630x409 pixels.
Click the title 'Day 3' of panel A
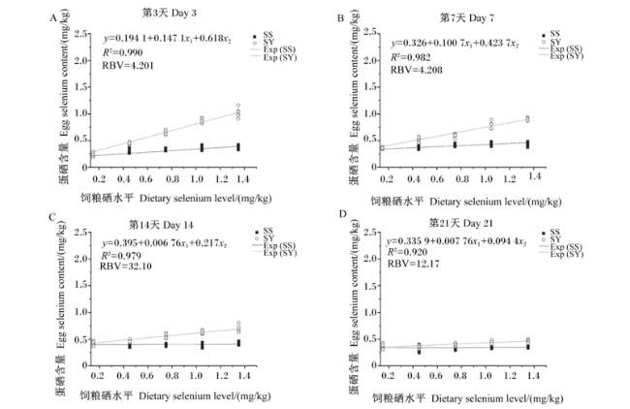[x=170, y=13]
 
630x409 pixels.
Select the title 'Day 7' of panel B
[x=467, y=18]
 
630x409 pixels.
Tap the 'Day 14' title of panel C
[x=161, y=225]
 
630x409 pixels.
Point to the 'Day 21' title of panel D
[x=460, y=223]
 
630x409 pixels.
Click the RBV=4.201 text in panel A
[x=128, y=66]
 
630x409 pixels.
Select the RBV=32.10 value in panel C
[x=126, y=266]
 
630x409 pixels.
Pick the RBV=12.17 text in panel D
[x=414, y=264]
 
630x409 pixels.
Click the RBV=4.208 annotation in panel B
[x=417, y=70]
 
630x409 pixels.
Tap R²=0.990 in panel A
[x=122, y=52]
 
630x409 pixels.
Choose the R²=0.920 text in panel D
[x=407, y=252]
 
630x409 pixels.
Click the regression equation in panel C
[x=165, y=243]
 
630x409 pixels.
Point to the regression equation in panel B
[x=455, y=44]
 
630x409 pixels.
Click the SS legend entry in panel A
[x=264, y=35]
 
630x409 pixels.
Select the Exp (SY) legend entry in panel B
[x=561, y=56]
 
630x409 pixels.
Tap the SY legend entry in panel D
[x=551, y=239]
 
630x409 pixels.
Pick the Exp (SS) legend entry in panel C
[x=274, y=245]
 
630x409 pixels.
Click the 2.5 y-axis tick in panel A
[x=80, y=34]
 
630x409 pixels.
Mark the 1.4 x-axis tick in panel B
[x=534, y=176]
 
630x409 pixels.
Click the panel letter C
[x=52, y=217]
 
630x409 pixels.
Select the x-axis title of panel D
[x=467, y=398]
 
